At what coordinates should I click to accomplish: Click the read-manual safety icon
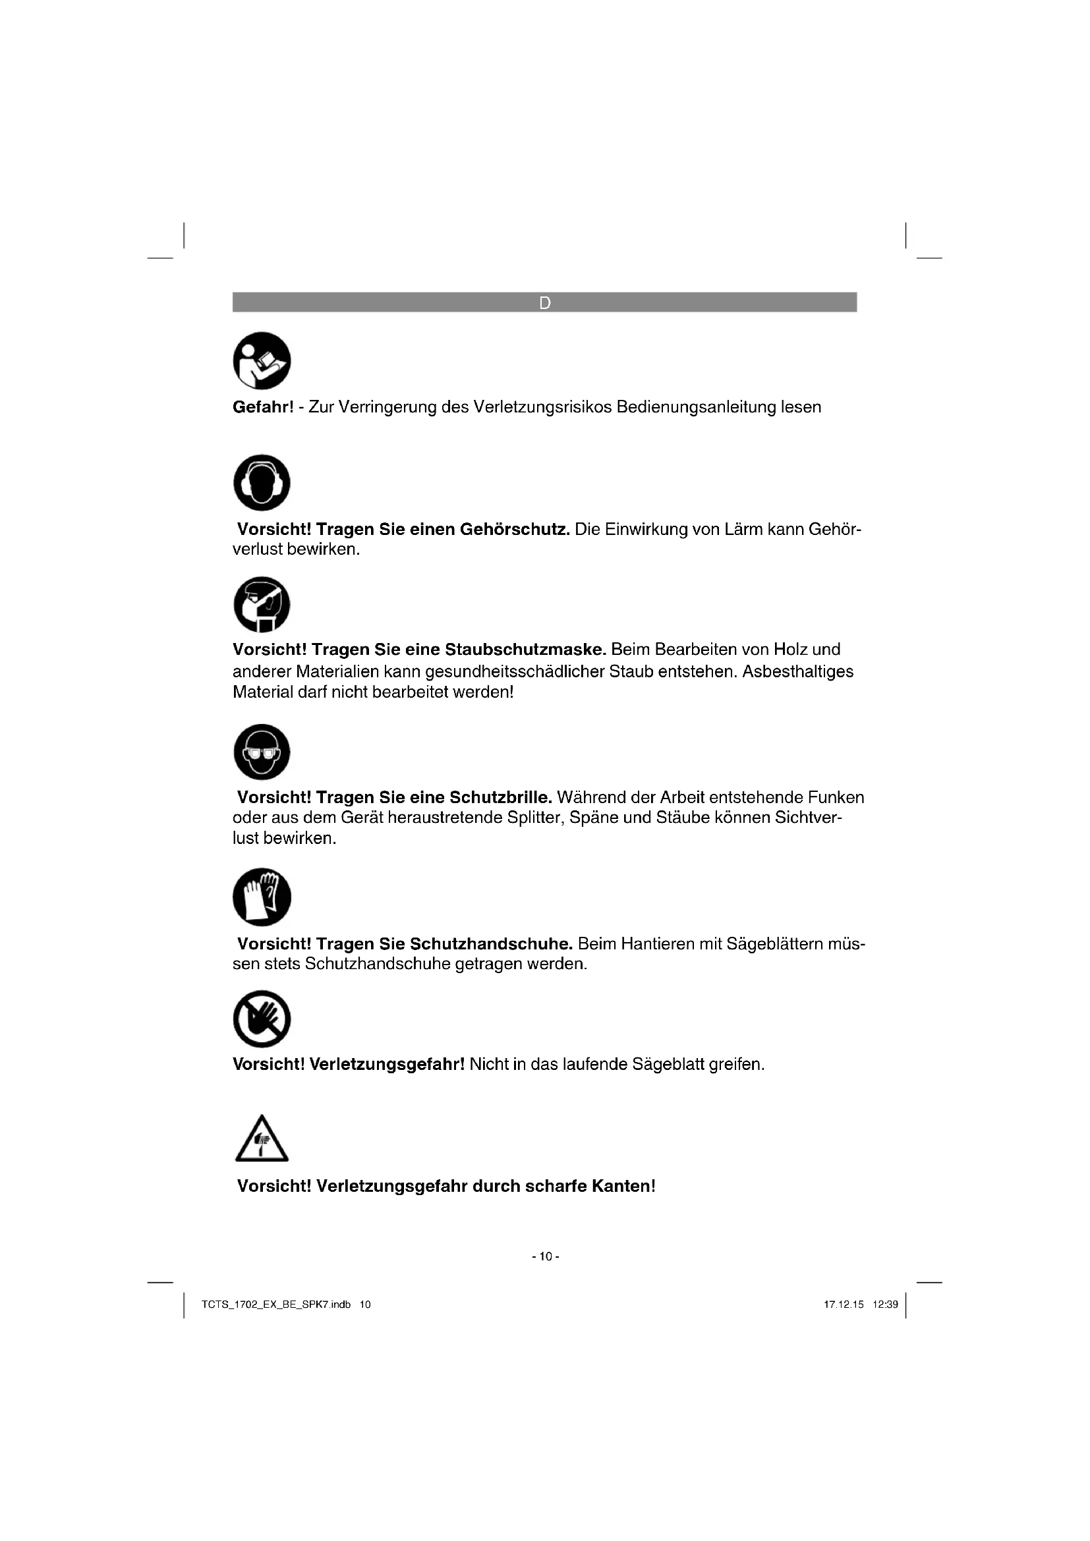[x=262, y=360]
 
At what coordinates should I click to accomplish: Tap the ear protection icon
[x=262, y=482]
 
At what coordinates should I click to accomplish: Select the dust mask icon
[x=262, y=604]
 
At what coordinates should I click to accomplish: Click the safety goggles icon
[x=262, y=752]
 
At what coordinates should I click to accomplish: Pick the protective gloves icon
[x=262, y=897]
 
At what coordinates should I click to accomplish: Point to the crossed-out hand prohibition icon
[x=262, y=1019]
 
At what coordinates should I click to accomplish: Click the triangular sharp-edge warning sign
[x=262, y=1140]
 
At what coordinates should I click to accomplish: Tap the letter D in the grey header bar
[x=544, y=302]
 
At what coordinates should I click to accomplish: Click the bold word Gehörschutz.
[x=514, y=530]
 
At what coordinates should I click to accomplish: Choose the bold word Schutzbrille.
[x=500, y=797]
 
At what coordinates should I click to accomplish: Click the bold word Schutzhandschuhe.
[x=491, y=944]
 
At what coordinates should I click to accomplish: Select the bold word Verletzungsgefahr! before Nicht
[x=387, y=1065]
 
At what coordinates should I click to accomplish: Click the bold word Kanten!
[x=623, y=1186]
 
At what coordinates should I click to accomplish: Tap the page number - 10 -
[x=545, y=1256]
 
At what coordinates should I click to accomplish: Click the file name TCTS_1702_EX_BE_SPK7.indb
[x=276, y=1304]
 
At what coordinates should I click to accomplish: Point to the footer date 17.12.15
[x=844, y=1304]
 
